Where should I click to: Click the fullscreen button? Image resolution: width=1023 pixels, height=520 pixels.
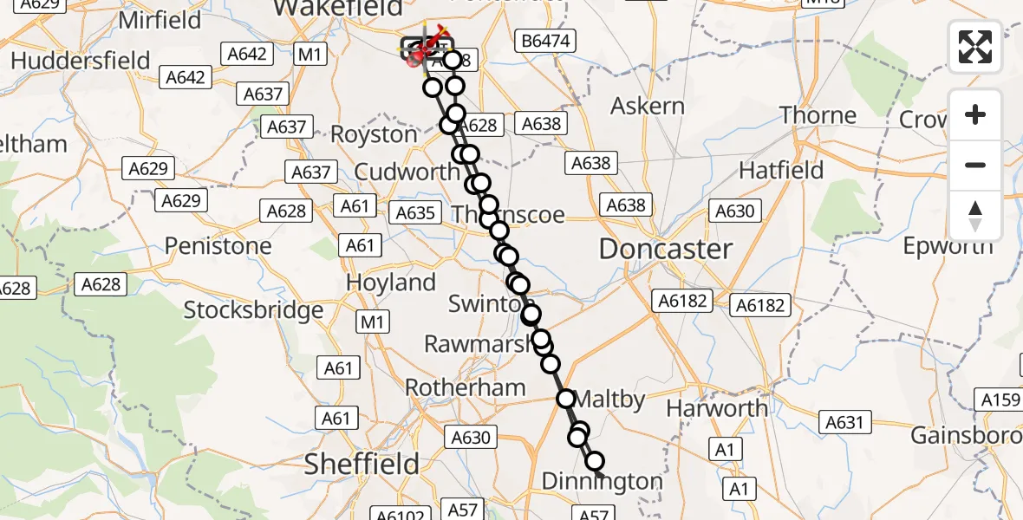tap(975, 48)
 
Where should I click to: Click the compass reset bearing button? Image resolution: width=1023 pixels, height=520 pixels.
tap(975, 216)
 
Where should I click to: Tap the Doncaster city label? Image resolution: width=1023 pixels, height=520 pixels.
tap(666, 250)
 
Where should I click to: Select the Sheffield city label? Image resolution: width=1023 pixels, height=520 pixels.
tap(362, 465)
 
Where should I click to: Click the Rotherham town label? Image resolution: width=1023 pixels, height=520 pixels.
tap(465, 387)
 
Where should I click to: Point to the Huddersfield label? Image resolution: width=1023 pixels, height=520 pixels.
tap(81, 61)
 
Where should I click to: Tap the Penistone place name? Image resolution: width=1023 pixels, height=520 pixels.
tap(218, 246)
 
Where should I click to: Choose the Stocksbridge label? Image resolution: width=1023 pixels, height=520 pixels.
tap(253, 309)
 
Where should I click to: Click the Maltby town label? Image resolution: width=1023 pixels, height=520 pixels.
tap(610, 400)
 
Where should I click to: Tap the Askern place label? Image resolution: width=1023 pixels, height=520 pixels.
tap(648, 107)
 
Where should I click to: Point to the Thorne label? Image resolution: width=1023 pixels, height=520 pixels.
tap(818, 115)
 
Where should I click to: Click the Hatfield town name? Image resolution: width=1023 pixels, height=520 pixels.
tap(782, 170)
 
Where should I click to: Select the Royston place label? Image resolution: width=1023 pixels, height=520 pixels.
tap(375, 135)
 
